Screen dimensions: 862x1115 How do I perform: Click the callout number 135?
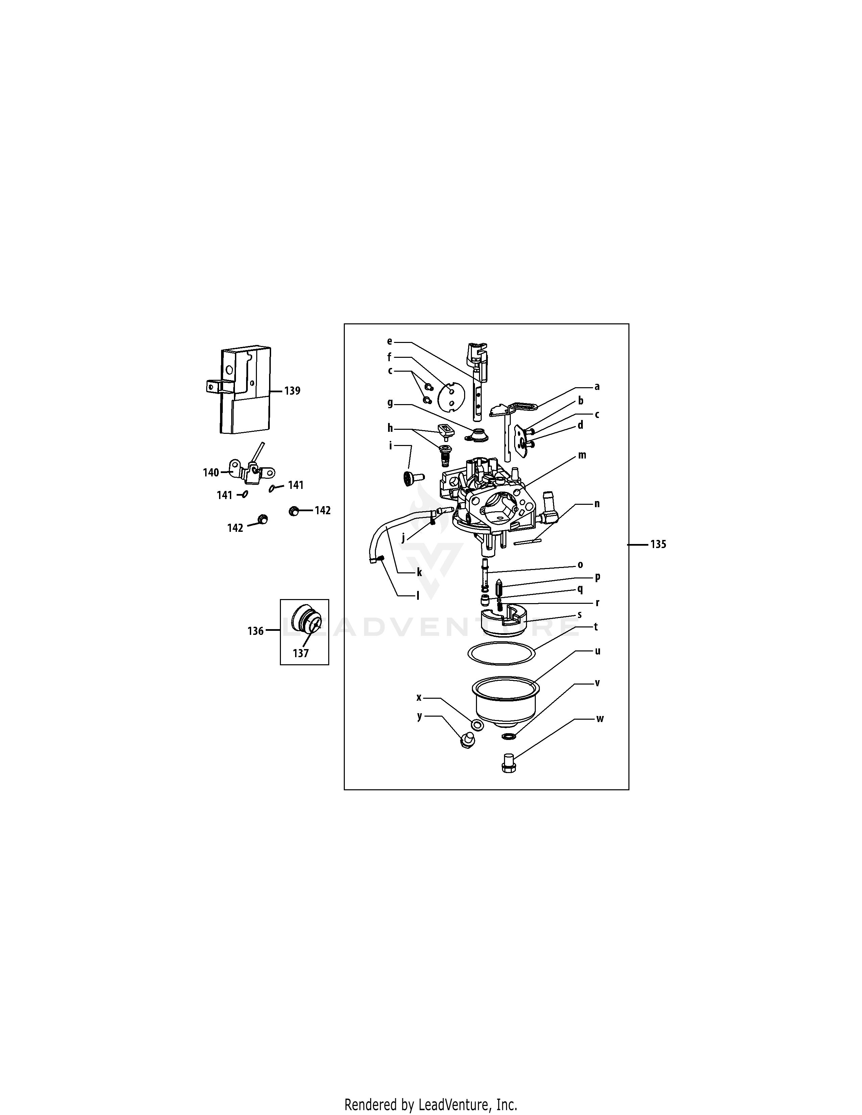pyautogui.click(x=658, y=545)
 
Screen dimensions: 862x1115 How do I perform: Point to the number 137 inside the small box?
pyautogui.click(x=301, y=653)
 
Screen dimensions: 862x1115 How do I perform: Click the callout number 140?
pyautogui.click(x=211, y=473)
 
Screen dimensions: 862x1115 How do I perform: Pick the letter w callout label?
pyautogui.click(x=600, y=719)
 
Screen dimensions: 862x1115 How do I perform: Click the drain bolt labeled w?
pyautogui.click(x=508, y=763)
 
